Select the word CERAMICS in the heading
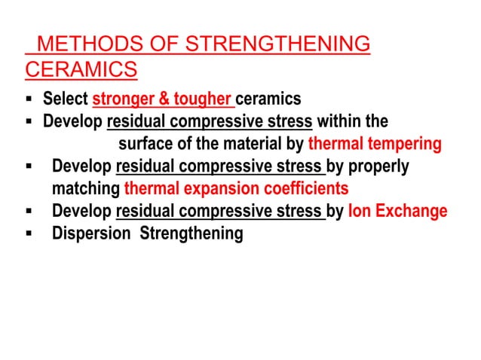coord(81,70)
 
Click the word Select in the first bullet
coord(65,99)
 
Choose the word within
coord(339,121)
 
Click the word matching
coord(86,188)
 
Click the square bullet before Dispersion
coord(27,233)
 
